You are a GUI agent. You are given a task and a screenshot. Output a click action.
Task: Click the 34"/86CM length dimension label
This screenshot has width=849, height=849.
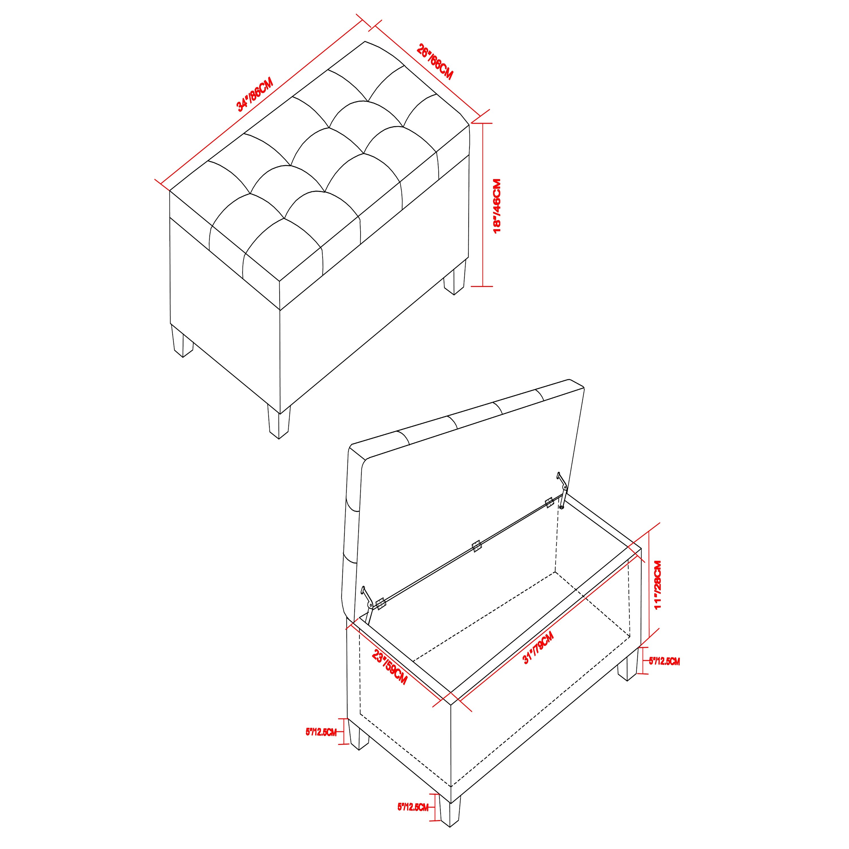255,95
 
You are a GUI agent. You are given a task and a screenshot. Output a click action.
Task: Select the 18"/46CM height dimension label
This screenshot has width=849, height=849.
497,206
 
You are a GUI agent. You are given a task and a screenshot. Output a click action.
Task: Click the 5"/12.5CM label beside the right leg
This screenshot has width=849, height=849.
664,674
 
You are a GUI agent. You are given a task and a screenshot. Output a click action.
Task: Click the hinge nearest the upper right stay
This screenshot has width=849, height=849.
549,502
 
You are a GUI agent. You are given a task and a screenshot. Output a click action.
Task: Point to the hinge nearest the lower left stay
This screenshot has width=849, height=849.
381,603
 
